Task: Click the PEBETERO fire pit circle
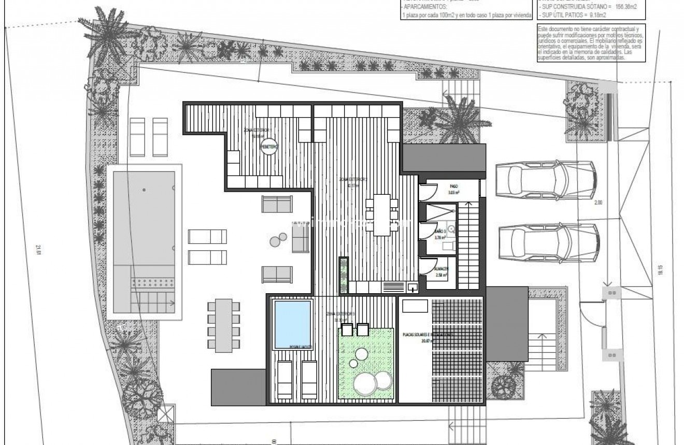click(269, 147)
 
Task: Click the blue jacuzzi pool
click(292, 325)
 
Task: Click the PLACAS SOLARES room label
click(428, 335)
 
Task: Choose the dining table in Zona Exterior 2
click(382, 214)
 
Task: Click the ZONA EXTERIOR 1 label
click(259, 129)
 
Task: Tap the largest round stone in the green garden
click(364, 384)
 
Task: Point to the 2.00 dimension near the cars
click(599, 203)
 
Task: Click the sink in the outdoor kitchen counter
click(413, 286)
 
